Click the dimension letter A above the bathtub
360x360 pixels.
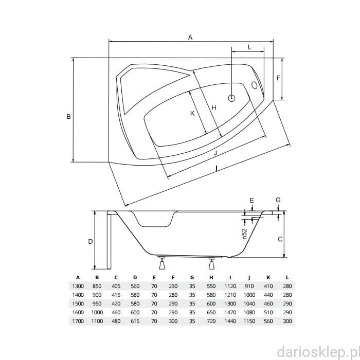pos(190,37)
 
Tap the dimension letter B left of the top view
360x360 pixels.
pos(68,117)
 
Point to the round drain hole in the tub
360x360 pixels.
pos(231,98)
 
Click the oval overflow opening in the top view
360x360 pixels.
pos(255,85)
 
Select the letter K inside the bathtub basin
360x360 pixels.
pos(192,114)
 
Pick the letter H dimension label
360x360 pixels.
pos(214,107)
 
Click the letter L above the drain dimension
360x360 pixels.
pos(249,47)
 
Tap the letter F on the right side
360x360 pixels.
pos(279,78)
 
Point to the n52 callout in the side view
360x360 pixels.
pos(245,233)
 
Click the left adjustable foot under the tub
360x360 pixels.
pos(163,263)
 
